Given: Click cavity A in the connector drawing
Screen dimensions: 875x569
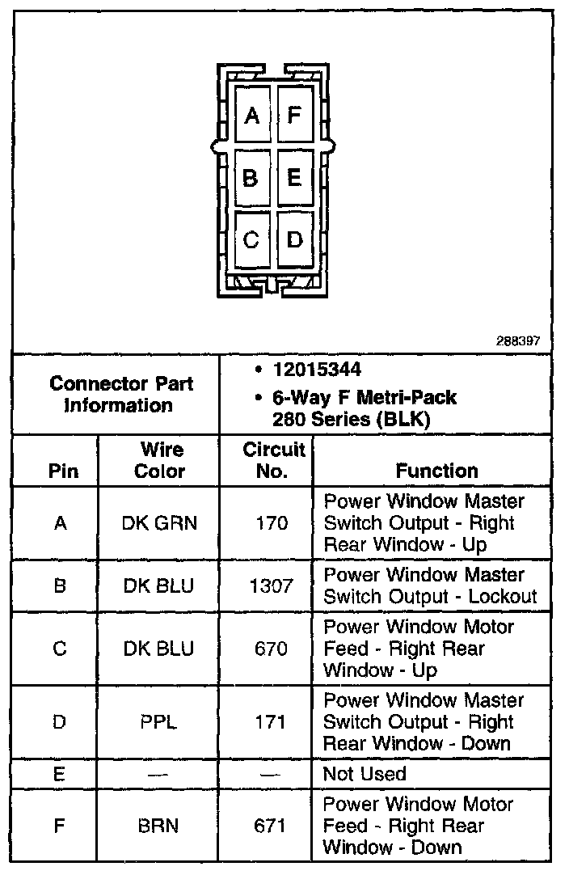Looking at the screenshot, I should pos(252,116).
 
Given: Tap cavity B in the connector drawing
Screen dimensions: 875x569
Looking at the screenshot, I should pos(251,177).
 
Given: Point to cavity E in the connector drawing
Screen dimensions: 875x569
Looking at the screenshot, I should pos(293,177).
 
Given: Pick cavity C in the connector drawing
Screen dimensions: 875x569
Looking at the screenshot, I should pos(251,239).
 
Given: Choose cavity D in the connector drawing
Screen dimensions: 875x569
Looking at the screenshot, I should pos(293,239).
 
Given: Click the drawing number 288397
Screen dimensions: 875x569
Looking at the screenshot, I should pos(518,341).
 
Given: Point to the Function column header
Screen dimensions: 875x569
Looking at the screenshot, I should pos(436,471).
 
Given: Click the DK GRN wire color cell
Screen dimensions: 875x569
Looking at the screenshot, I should pos(159,523).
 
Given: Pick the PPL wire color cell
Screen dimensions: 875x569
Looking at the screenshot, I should pos(159,721).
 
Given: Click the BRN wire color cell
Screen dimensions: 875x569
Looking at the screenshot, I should pos(159,826).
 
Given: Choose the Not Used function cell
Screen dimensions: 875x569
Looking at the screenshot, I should pos(364,774).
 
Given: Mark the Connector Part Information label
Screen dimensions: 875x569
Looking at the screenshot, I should pos(121,394).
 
